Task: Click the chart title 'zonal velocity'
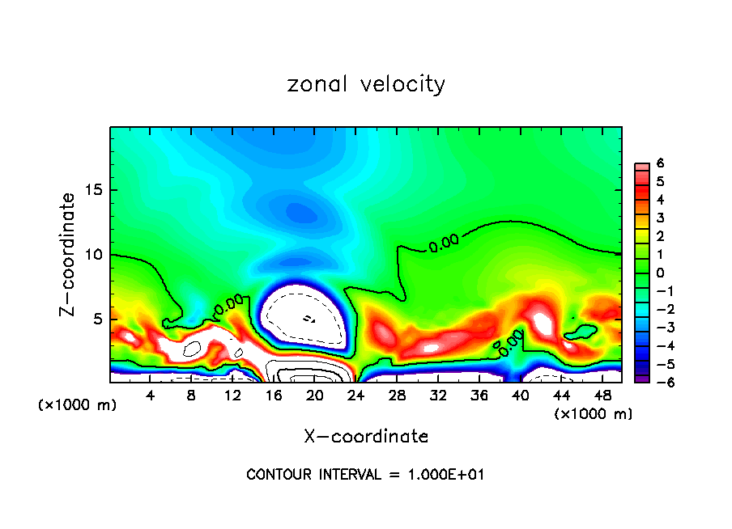[x=366, y=84]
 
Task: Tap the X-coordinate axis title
[x=366, y=437]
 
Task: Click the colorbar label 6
[x=660, y=163]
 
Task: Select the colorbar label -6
[x=659, y=383]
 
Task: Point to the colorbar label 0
[x=660, y=273]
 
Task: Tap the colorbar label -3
[x=659, y=328]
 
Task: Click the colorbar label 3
[x=660, y=218]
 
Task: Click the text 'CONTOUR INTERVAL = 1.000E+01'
[x=365, y=475]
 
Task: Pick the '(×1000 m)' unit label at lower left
[x=78, y=405]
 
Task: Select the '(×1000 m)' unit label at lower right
[x=593, y=414]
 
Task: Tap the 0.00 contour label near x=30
[x=444, y=243]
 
